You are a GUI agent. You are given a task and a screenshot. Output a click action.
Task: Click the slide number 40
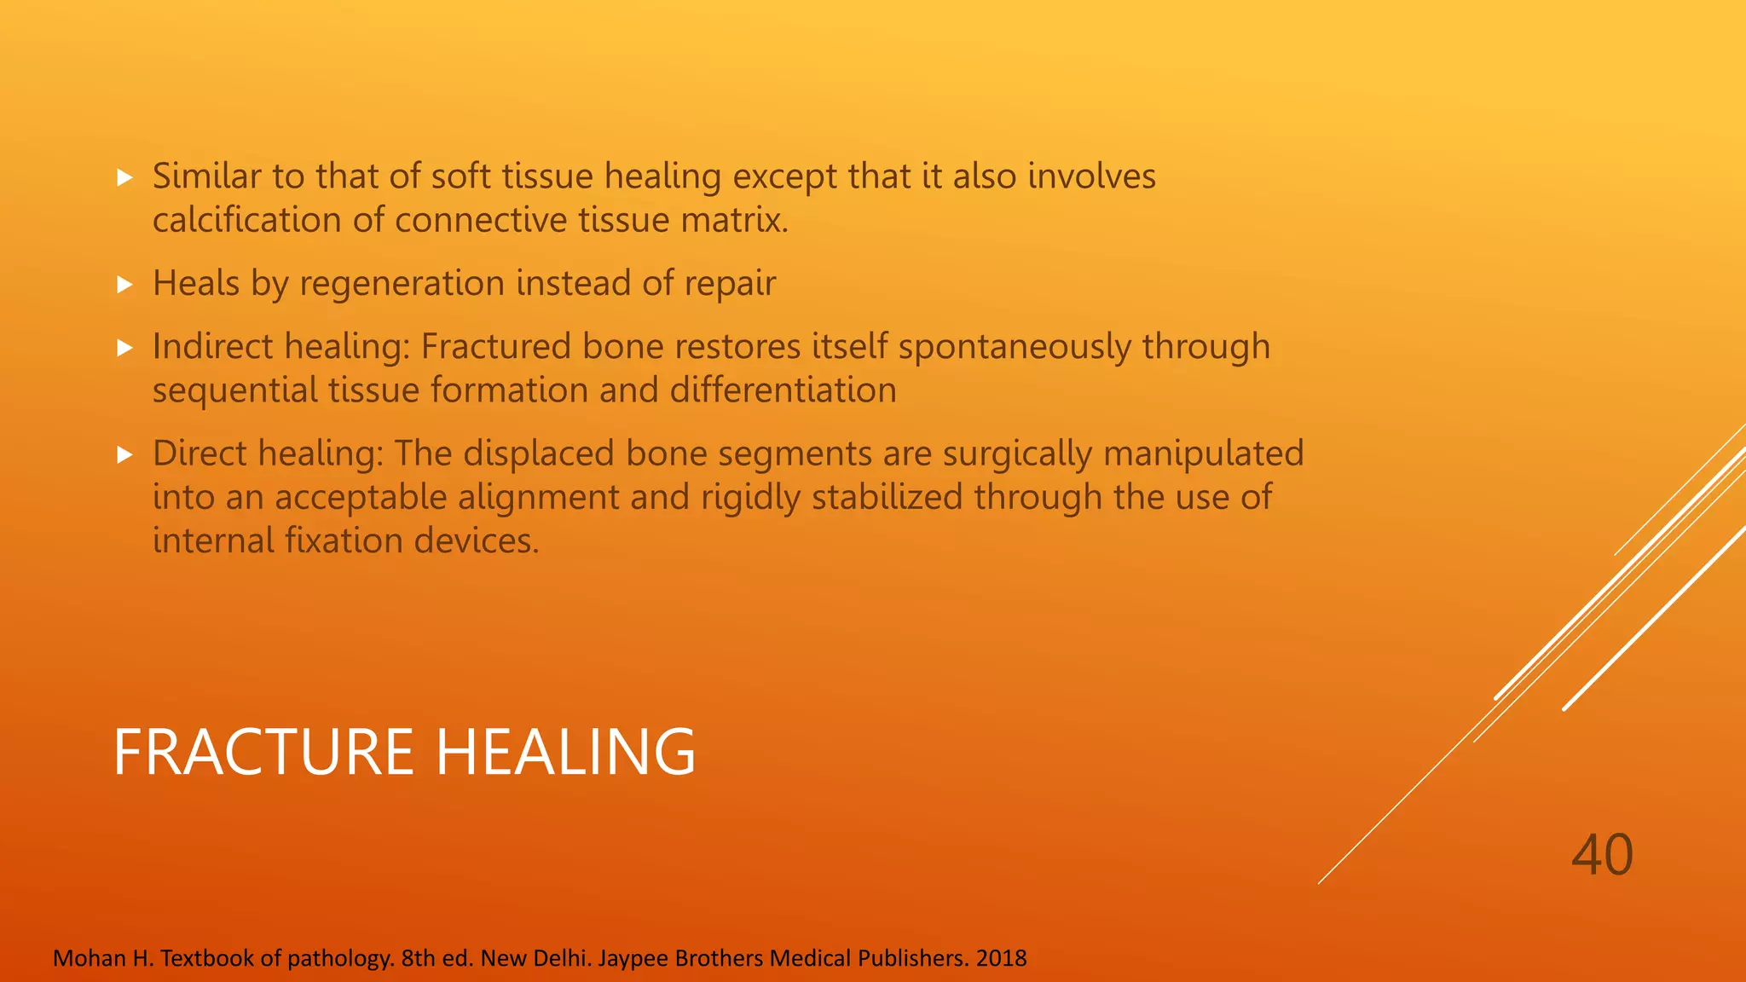1602,855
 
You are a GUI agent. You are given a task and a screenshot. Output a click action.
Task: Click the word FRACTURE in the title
263,752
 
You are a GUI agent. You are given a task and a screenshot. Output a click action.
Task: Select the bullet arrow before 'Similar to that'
125,177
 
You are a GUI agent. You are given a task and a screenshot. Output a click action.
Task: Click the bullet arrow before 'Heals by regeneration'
125,284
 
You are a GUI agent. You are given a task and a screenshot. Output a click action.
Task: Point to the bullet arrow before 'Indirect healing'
125,347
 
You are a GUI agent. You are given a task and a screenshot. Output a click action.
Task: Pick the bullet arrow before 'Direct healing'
125,453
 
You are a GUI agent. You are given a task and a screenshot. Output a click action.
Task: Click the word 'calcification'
247,220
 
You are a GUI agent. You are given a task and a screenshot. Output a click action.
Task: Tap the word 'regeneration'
402,284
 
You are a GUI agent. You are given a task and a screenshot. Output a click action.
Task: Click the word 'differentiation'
783,390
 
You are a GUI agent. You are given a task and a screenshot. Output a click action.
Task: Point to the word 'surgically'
1017,453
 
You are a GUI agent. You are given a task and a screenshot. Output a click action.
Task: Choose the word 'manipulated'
1203,453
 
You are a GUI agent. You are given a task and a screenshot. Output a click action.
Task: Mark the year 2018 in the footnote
1001,958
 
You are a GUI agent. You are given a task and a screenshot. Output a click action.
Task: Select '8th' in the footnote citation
419,958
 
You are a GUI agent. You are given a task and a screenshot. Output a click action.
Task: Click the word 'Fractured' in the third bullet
496,347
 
